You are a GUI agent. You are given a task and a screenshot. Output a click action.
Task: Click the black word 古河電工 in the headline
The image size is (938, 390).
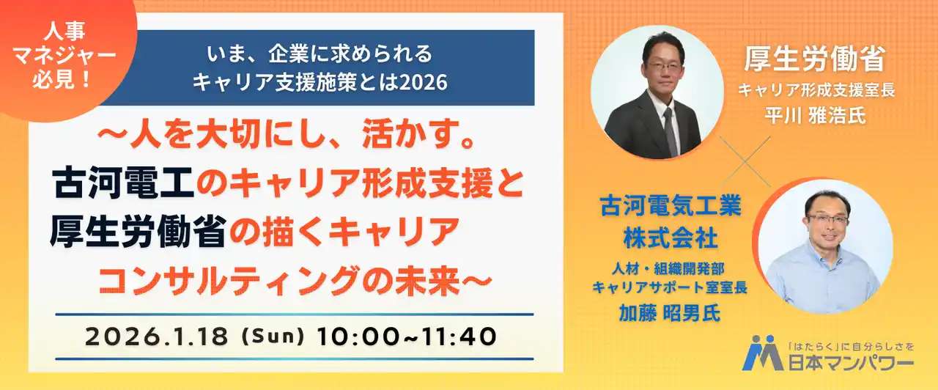pos(122,183)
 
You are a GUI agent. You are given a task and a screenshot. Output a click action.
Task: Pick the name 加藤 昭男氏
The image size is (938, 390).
pos(669,313)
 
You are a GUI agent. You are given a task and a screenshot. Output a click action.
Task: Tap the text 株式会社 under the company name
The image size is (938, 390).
pos(669,238)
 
